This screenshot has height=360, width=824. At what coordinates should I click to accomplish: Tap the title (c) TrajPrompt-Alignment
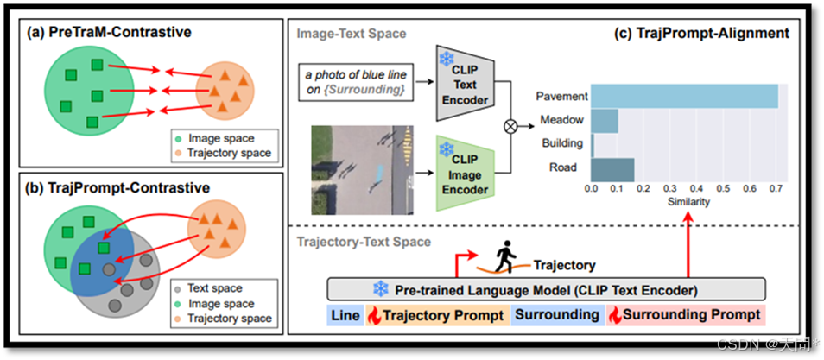coord(700,34)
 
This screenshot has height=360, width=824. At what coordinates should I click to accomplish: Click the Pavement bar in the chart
coord(685,96)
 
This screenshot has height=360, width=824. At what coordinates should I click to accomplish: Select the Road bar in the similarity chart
coord(612,167)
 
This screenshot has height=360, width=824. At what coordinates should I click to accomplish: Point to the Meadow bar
coord(605,120)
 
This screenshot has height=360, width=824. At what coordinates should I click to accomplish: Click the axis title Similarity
coord(688,201)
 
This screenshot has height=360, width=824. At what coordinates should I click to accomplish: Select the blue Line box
coord(345,315)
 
